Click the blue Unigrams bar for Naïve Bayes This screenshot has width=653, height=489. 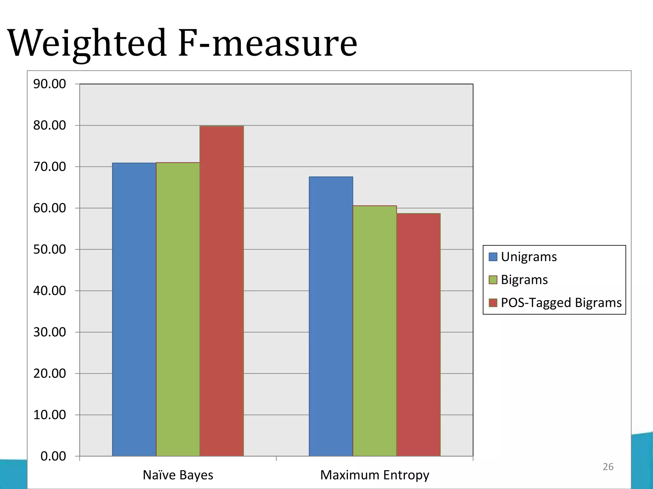134,309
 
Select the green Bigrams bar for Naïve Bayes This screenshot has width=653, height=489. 178,309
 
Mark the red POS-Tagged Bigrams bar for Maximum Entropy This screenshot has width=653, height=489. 418,334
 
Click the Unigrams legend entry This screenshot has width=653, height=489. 528,257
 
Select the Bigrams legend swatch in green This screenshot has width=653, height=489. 493,280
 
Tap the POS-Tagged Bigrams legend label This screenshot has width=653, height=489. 561,302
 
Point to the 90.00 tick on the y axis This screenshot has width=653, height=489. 49,84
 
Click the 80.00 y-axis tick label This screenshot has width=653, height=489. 49,125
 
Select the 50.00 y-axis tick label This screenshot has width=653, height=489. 49,249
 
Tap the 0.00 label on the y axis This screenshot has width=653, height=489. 53,456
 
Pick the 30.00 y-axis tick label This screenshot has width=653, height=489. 49,332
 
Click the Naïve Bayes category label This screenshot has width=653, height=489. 178,475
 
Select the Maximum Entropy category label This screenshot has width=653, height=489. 374,475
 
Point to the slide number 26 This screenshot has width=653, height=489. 608,467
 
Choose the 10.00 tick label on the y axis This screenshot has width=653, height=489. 49,415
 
